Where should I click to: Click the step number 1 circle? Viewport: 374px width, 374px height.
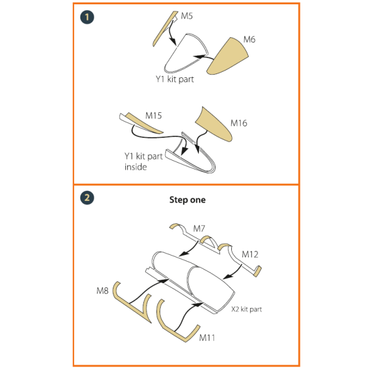(87, 17)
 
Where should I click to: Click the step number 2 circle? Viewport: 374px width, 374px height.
(87, 198)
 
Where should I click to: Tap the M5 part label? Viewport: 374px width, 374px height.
(187, 16)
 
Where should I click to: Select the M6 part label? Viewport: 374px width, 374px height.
(249, 39)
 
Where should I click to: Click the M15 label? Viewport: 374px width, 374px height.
(153, 116)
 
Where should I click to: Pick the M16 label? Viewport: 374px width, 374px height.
(239, 123)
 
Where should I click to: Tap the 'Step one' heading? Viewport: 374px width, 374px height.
(188, 199)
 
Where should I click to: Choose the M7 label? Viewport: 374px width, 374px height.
(199, 229)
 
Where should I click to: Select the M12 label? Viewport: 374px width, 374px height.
(250, 254)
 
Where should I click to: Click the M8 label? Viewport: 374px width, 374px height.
(102, 290)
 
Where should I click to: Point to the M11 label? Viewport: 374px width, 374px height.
(207, 338)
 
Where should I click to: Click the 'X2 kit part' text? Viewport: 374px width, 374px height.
(247, 309)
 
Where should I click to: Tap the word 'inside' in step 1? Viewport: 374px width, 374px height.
(135, 167)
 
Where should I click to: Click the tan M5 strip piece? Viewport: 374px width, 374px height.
(165, 29)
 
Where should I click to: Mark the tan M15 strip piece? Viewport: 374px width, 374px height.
(145, 123)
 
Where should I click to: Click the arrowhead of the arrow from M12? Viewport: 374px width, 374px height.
(228, 277)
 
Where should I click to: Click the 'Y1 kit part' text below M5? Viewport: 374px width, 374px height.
(175, 79)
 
